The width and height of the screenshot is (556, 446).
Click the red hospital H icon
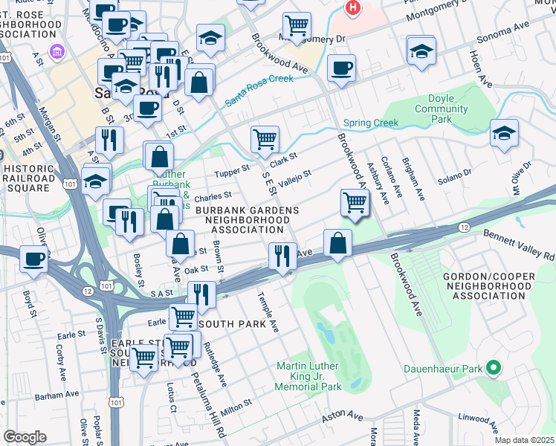tap(353, 8)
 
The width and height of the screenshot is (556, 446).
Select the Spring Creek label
tap(370, 123)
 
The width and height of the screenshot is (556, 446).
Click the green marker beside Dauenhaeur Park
tap(491, 368)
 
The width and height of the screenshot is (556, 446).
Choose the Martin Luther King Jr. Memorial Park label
tap(308, 376)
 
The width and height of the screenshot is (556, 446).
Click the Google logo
tap(25, 436)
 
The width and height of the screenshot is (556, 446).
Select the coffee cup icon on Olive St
tap(33, 260)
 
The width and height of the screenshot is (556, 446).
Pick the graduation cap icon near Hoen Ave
tap(504, 134)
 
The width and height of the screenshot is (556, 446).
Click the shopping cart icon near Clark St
tap(265, 138)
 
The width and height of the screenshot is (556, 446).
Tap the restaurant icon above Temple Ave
tap(282, 256)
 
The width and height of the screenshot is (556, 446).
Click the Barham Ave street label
tap(56, 395)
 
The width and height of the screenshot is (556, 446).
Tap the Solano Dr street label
tap(454, 173)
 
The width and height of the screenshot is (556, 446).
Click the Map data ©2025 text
tap(523, 440)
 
